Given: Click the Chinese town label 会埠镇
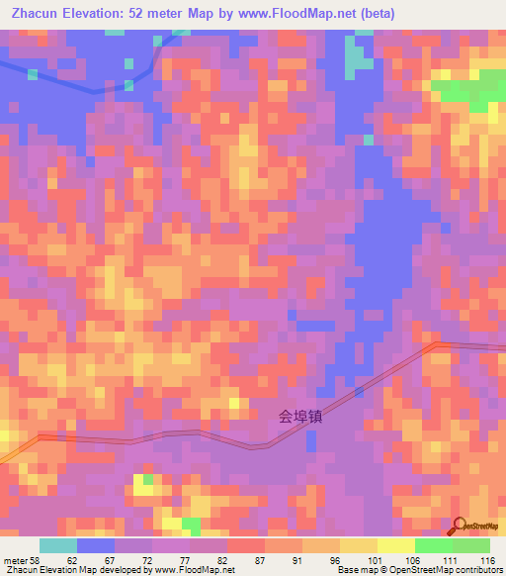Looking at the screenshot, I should point(300,418).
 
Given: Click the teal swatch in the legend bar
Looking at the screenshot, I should point(58,546).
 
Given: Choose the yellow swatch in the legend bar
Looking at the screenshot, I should point(396,546).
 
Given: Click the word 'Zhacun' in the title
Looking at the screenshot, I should point(35,14).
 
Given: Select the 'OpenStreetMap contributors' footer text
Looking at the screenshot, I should point(446,570).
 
